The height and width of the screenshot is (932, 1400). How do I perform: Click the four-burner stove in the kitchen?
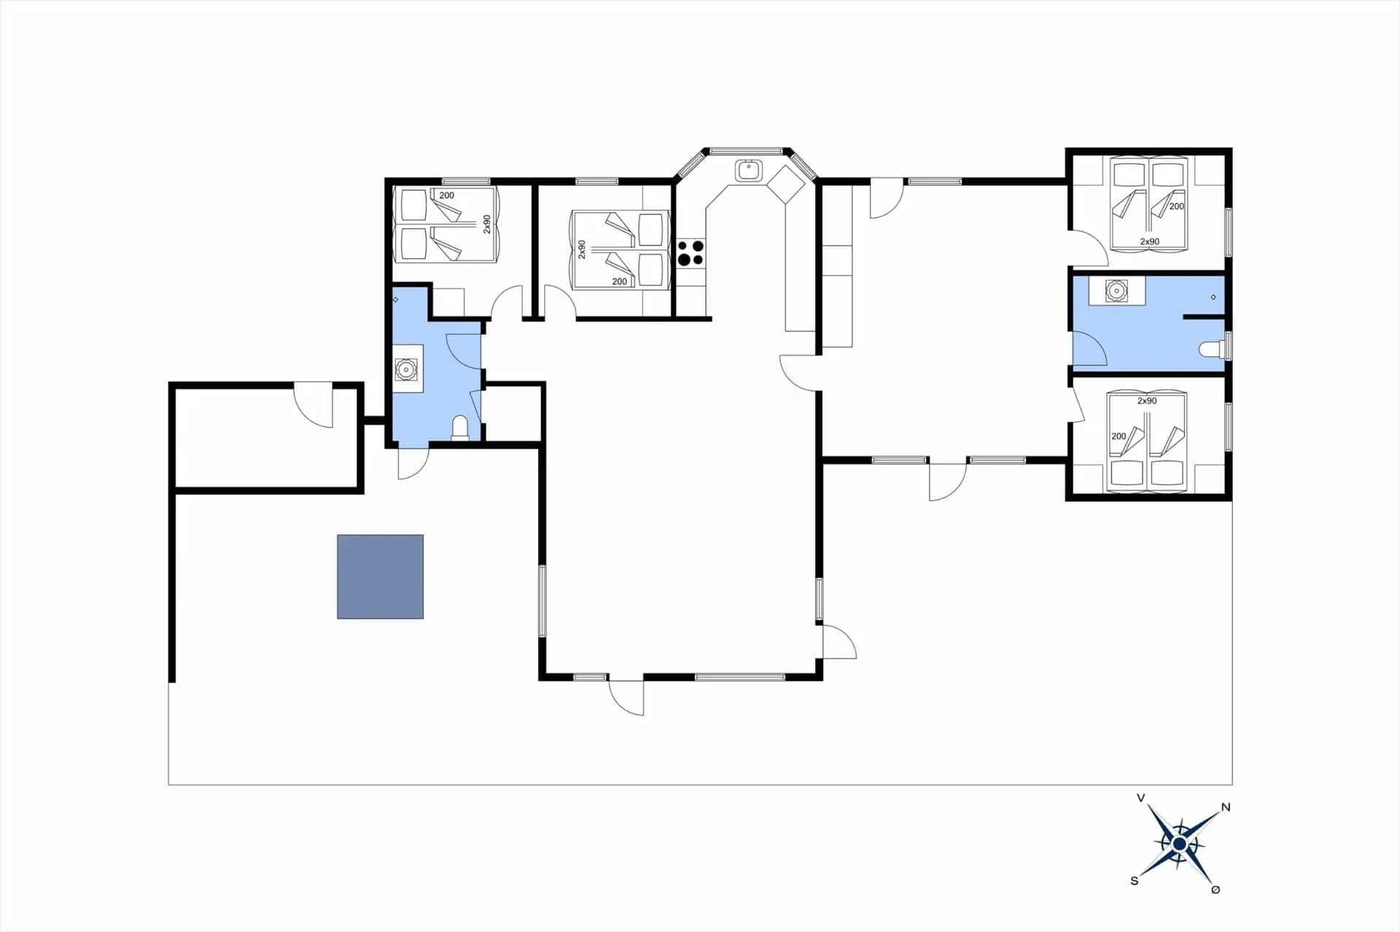point(691,253)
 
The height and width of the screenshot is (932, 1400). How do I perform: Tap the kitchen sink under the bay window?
point(748,171)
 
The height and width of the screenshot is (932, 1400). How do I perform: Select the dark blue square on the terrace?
point(380,576)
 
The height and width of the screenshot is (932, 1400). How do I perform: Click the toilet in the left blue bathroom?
point(459,428)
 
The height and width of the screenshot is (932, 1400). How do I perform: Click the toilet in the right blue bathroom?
point(1212,349)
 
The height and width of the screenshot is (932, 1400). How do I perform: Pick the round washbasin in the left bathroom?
point(405,369)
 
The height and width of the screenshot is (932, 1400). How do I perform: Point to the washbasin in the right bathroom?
point(1116,291)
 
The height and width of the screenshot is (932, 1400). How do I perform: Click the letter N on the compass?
point(1226,807)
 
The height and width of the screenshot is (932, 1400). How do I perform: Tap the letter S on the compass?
point(1134,880)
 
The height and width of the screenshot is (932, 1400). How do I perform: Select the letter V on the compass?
point(1141,798)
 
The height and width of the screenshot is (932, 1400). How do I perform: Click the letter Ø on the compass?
point(1216,889)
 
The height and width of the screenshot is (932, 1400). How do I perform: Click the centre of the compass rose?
point(1179,844)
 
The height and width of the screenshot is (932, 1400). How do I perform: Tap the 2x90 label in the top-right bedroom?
point(1150,241)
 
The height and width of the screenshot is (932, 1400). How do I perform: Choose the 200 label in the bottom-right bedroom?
point(1119,436)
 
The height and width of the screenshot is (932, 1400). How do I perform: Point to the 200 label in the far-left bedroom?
point(446,195)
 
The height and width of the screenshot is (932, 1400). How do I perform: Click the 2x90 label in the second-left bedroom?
point(582,250)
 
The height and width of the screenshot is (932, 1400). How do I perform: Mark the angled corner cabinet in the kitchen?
point(785,184)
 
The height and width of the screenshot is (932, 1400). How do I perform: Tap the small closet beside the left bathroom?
point(513,412)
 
